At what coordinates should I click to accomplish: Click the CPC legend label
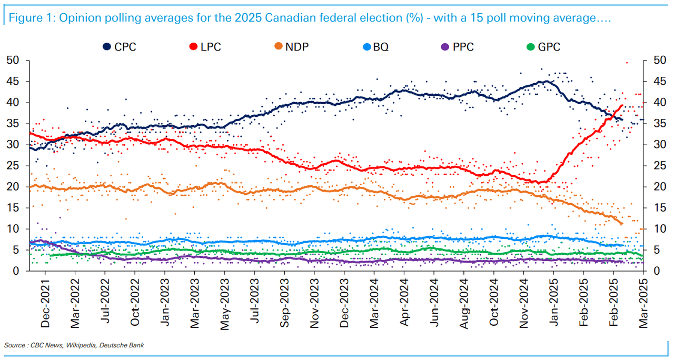tap(125, 47)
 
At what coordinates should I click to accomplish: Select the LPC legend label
tap(211, 47)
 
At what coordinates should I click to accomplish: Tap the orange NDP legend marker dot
tap(277, 47)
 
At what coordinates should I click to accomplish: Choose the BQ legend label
tap(381, 47)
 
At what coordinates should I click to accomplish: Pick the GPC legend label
tap(549, 47)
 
